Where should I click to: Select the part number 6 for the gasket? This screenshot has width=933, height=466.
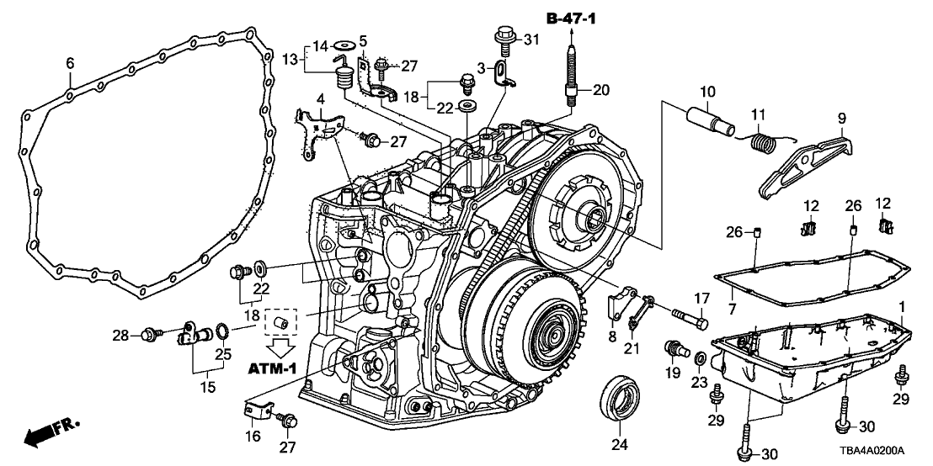click(70, 62)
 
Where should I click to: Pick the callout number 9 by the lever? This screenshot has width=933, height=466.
click(841, 119)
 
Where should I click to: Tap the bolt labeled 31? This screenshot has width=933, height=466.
click(504, 37)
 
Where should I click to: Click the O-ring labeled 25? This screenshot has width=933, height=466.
click(221, 327)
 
